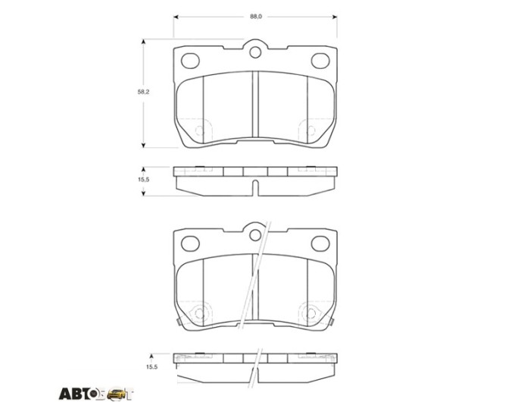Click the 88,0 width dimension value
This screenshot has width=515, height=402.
coord(256,17)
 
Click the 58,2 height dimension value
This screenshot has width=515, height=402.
coord(143,92)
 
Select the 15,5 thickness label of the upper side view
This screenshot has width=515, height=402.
coord(143,179)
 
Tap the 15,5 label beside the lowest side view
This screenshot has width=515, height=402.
coord(151,367)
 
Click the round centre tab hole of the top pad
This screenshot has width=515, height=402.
coord(255,52)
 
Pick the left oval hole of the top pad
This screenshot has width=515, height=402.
coord(191,61)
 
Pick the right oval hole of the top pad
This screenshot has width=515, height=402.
coord(320,61)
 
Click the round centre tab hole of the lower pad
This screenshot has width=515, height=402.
coord(255,235)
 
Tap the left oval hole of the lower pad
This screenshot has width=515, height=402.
coord(191,243)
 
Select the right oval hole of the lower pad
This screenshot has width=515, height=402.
coord(320,243)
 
